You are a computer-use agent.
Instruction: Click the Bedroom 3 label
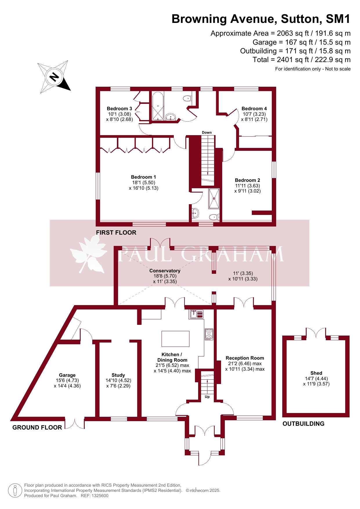120,109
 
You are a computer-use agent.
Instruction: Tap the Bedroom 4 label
254,109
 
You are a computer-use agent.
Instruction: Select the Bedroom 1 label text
143,177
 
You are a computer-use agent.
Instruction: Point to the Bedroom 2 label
247,180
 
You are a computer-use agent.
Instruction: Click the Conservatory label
165,271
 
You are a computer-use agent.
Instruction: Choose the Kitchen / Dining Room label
172,357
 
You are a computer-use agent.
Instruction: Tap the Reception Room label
245,358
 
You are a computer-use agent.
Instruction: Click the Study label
118,375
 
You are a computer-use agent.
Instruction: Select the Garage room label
67,375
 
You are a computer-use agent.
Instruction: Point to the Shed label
316,373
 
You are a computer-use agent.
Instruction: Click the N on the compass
54,77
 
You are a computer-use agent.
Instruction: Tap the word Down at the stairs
207,133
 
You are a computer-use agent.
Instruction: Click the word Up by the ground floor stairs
207,397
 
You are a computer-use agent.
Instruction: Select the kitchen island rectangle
176,339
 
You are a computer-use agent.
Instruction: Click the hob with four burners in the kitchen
209,334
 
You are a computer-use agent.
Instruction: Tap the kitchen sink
196,314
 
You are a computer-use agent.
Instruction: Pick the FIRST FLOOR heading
116,233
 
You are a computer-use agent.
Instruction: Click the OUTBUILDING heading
303,424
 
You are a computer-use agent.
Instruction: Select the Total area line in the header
302,60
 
